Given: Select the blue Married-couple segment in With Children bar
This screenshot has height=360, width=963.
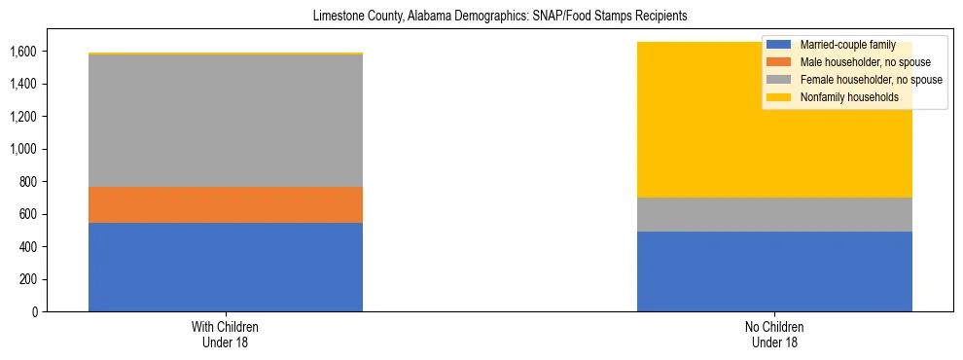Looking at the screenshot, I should pyautogui.click(x=226, y=267).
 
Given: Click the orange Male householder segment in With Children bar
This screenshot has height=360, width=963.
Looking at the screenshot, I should pyautogui.click(x=226, y=204).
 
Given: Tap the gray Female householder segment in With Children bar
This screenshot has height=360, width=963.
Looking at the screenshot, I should pyautogui.click(x=226, y=120).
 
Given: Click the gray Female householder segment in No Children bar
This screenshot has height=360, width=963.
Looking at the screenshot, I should pyautogui.click(x=774, y=214).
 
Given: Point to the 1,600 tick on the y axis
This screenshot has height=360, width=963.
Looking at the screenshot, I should pyautogui.click(x=25, y=51).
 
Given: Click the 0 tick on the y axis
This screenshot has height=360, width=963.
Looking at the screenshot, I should pyautogui.click(x=34, y=312).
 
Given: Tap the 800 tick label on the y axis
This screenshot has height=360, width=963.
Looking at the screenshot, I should pyautogui.click(x=29, y=182).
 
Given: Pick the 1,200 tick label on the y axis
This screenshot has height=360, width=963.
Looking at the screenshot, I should pyautogui.click(x=25, y=117).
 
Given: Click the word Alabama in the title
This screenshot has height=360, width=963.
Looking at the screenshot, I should pyautogui.click(x=422, y=17).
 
